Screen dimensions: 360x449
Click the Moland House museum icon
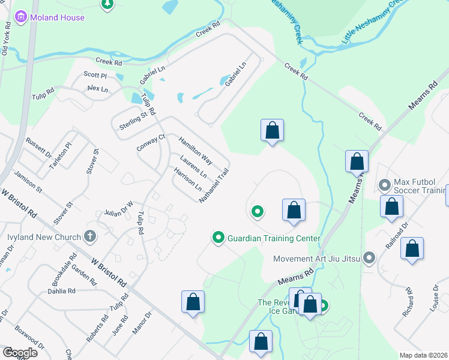click(x=21, y=17)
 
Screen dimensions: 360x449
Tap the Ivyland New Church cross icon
click(x=90, y=236)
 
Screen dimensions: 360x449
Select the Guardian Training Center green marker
click(x=218, y=238)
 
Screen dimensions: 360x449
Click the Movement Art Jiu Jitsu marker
click(x=369, y=259)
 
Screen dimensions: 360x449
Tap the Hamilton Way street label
click(x=195, y=151)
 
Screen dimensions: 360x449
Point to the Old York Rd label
click(x=6, y=40)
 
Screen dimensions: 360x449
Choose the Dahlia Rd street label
click(x=61, y=291)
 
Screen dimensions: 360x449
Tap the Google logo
click(x=19, y=353)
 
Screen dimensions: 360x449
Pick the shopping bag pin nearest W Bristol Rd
click(x=193, y=301)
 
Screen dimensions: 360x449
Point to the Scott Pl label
click(x=95, y=75)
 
